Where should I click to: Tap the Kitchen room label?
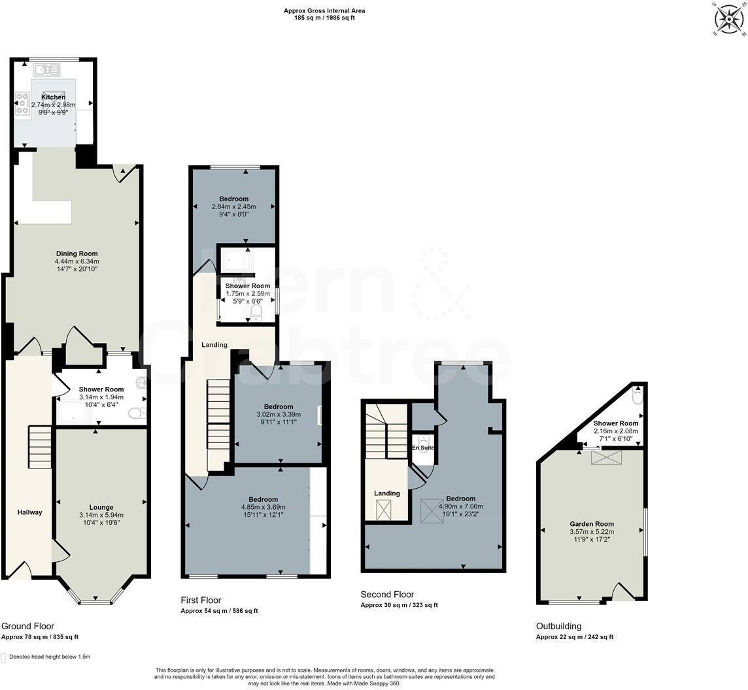click(54, 97)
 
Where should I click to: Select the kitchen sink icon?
click(46, 69)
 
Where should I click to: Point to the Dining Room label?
click(76, 254)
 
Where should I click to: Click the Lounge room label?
click(101, 507)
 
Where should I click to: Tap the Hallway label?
click(29, 512)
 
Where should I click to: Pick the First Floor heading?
click(201, 600)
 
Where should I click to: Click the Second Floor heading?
click(387, 595)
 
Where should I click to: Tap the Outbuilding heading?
click(558, 626)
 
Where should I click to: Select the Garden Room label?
click(591, 524)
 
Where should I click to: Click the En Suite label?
click(422, 448)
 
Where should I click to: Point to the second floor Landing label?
click(386, 493)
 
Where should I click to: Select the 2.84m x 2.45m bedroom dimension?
click(234, 206)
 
